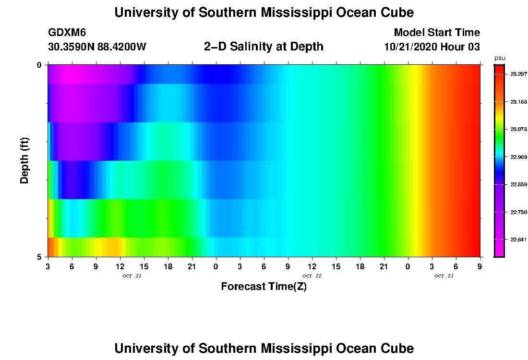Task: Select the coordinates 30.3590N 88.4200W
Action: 97,47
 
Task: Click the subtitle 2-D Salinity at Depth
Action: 264,47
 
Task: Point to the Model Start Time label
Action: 437,33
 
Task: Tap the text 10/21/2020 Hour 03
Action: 432,47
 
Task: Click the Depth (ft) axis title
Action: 25,160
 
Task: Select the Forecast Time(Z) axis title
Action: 264,287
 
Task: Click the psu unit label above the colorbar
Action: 499,58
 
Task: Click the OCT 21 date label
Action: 132,276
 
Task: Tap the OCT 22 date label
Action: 312,276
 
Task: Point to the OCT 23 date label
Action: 444,276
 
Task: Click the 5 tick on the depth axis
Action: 39,257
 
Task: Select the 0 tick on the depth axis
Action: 39,65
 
